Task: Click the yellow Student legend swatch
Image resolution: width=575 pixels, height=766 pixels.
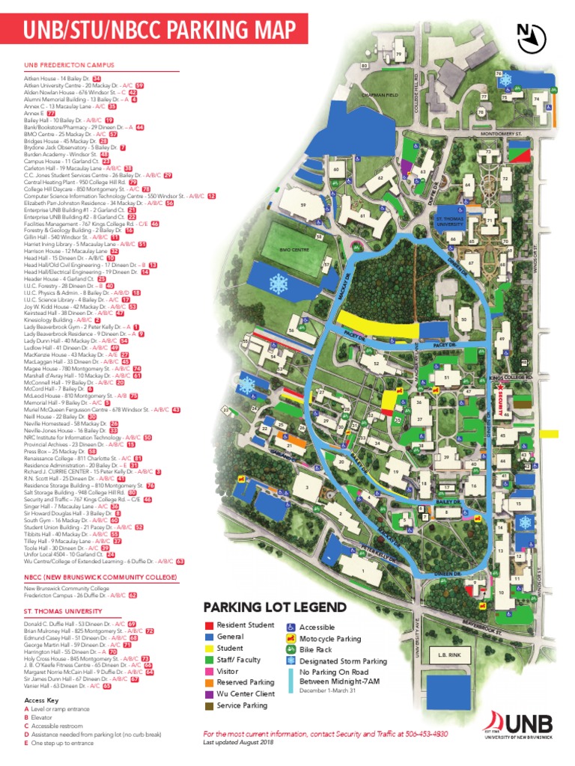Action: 210,649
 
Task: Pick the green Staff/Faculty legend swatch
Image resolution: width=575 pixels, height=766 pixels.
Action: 210,660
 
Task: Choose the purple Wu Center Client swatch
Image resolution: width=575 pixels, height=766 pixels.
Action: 210,693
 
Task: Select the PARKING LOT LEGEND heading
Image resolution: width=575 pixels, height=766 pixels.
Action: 276,607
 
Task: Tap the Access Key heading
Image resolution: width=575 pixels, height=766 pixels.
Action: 39,699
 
